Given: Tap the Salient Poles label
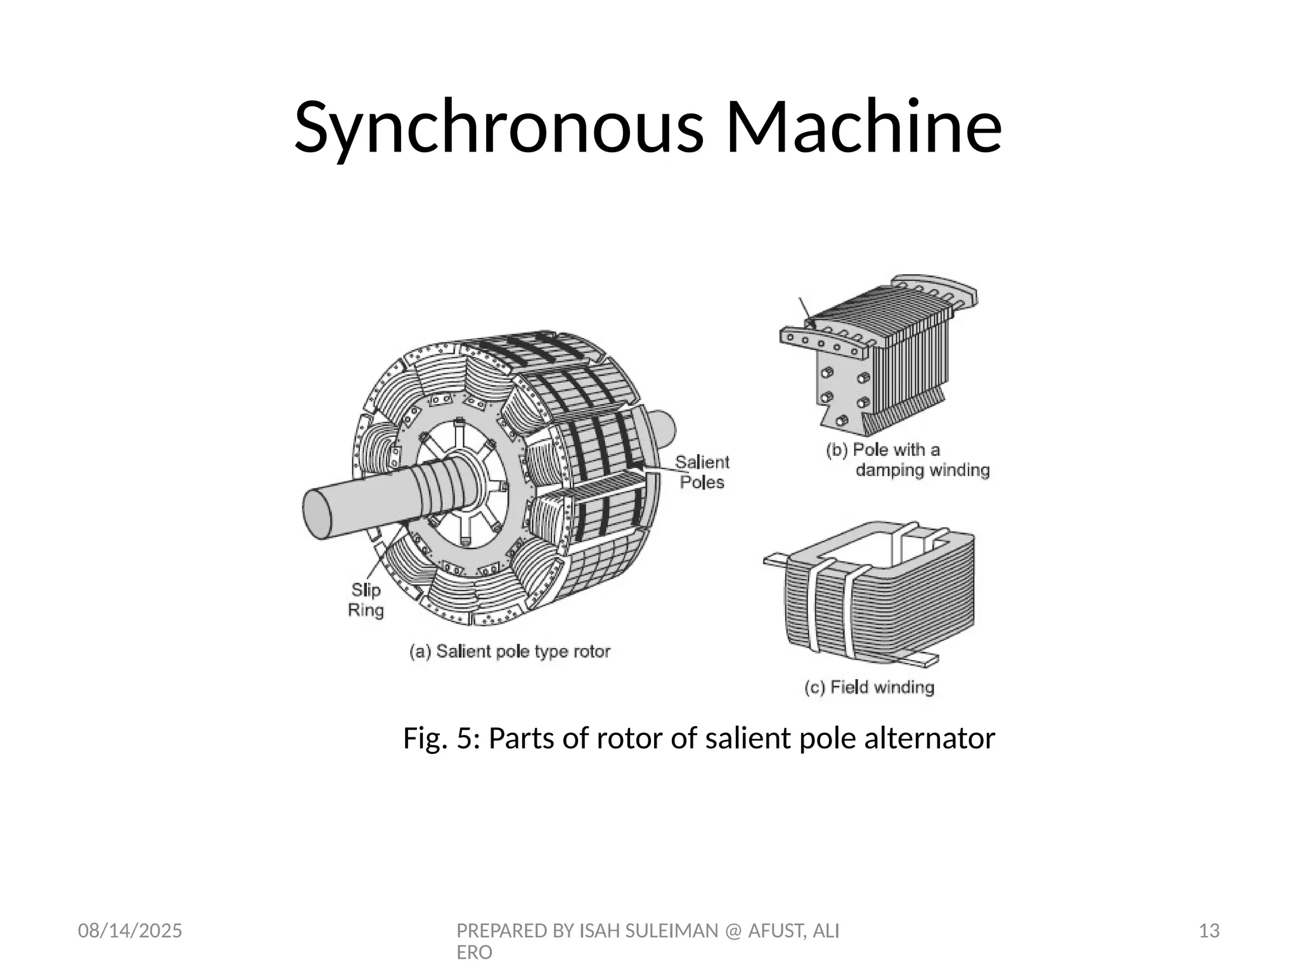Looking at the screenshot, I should tap(702, 472).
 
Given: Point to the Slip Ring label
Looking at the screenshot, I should tap(366, 600).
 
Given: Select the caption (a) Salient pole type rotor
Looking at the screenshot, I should tap(510, 652).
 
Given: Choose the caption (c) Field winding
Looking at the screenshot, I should tap(870, 687).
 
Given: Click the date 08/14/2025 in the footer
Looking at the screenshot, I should tap(130, 931).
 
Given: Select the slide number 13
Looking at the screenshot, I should tap(1209, 931).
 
